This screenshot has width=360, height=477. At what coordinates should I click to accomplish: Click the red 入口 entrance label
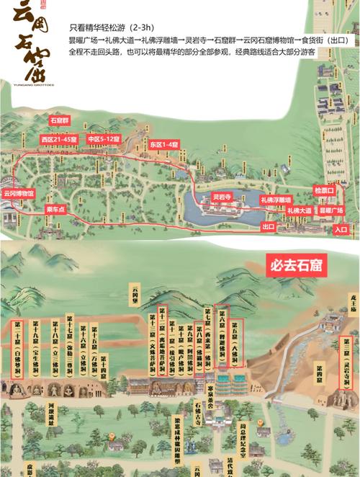tap(341, 229)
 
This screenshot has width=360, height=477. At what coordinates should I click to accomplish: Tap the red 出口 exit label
tap(269, 226)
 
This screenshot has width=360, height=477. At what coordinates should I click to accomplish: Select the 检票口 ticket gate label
tap(324, 191)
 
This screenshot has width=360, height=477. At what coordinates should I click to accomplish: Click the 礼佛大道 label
tap(300, 210)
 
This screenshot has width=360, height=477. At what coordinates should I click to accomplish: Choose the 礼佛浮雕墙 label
tap(276, 200)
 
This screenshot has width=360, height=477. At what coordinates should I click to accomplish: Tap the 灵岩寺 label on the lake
tap(221, 196)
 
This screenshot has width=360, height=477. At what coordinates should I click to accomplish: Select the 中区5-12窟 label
tap(102, 138)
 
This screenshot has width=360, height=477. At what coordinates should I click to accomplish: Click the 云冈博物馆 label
tap(19, 193)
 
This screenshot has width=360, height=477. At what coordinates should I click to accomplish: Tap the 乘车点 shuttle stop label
tap(56, 208)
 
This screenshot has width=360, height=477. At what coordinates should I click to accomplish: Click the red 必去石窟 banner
tap(294, 265)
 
